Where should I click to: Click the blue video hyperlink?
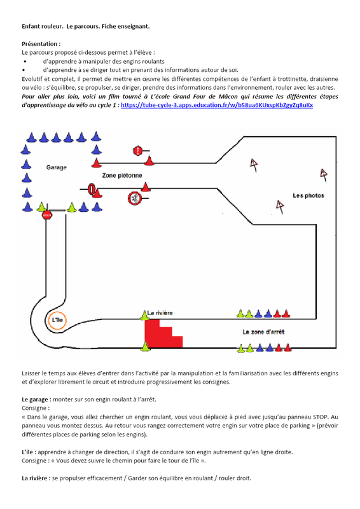click(x=217, y=105)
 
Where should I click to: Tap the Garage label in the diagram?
click(x=57, y=167)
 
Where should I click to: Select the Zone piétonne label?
click(x=122, y=176)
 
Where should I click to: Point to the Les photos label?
click(x=308, y=195)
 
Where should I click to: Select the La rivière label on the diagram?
click(x=160, y=313)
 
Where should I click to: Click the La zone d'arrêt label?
click(x=263, y=331)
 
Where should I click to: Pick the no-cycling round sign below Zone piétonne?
click(x=134, y=198)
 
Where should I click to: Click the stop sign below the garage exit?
click(x=47, y=214)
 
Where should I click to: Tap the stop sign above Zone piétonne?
click(x=138, y=151)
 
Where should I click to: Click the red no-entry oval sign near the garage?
click(x=92, y=189)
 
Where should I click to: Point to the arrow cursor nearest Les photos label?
click(x=280, y=206)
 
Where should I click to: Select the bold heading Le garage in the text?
click(x=35, y=400)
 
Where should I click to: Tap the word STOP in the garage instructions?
click(x=321, y=417)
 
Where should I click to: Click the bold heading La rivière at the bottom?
click(x=36, y=478)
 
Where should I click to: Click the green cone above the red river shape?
click(x=144, y=315)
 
